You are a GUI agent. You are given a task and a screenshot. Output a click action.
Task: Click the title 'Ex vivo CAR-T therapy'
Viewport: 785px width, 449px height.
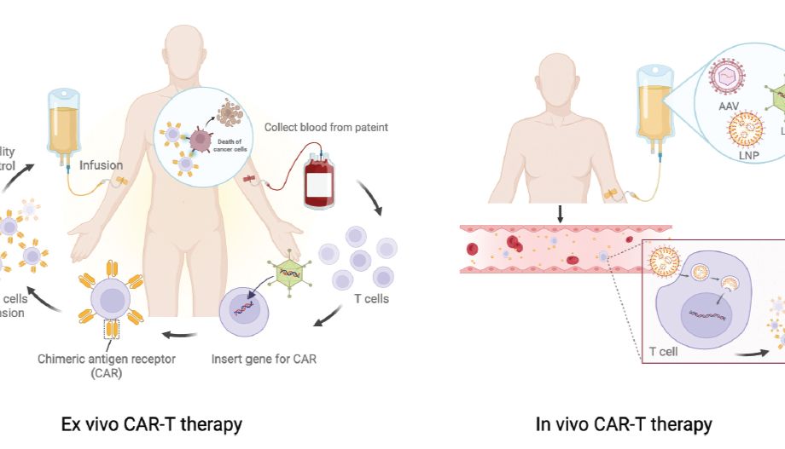click(x=151, y=423)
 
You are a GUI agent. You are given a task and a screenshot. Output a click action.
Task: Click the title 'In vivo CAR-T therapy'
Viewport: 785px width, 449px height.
click(x=623, y=423)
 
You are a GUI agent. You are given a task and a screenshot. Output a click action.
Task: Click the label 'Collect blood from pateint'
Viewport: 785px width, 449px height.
click(x=326, y=127)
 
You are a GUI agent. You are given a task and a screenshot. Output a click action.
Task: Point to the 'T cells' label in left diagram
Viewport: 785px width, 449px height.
click(x=371, y=298)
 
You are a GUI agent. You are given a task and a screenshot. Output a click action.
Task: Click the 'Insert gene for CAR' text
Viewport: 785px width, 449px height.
click(x=264, y=359)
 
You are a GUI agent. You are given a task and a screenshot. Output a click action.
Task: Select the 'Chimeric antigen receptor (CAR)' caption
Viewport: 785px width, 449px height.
click(x=107, y=366)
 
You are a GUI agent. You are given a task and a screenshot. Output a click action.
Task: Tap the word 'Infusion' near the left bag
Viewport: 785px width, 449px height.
click(x=102, y=165)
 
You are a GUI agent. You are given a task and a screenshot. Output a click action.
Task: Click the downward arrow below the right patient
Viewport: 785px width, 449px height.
click(x=560, y=212)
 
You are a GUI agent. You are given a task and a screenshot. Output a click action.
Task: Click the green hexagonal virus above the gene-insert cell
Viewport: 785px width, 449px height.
click(x=287, y=273)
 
